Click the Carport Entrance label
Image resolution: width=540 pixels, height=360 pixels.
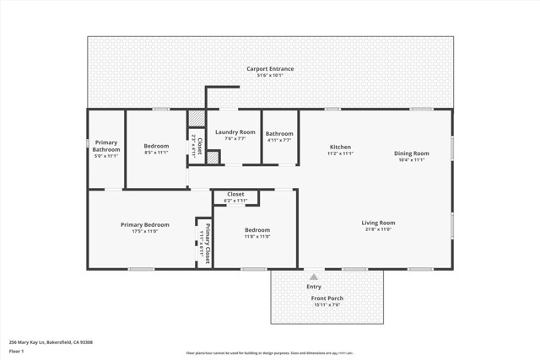tap(270, 68)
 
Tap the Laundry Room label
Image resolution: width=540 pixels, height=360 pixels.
tap(235, 132)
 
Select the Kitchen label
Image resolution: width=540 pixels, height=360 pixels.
tap(340, 148)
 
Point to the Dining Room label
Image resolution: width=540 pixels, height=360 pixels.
tap(412, 153)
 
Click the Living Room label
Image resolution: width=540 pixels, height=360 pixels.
tap(379, 223)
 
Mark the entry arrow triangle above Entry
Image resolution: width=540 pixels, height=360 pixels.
tap(314, 276)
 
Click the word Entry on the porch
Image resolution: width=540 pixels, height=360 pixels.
tap(314, 287)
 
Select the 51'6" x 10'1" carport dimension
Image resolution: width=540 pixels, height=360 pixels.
tap(270, 76)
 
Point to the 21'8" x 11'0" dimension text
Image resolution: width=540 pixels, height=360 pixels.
tap(379, 229)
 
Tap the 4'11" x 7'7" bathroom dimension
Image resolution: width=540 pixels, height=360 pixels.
tap(279, 140)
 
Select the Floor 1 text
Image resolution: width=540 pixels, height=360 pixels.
tap(16, 350)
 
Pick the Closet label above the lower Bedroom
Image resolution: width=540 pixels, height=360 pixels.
tap(235, 194)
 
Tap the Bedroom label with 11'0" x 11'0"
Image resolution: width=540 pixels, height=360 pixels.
tap(257, 230)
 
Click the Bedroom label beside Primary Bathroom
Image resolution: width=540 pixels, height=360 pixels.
tap(156, 146)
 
